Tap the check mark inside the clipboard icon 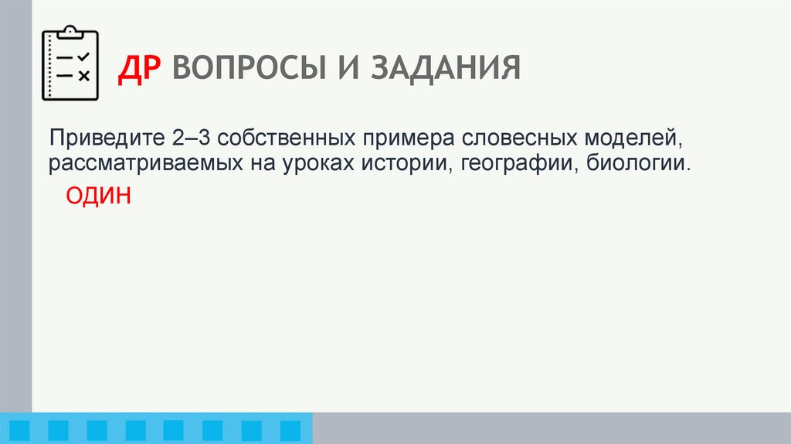pos(84,56)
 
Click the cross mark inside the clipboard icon pos(84,75)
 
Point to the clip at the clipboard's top pos(70,32)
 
